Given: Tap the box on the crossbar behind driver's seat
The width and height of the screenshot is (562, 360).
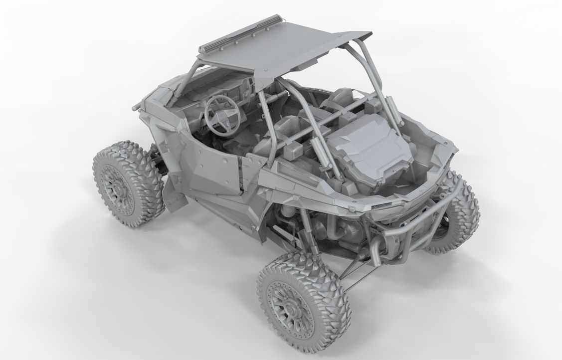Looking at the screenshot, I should click(295, 150).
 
